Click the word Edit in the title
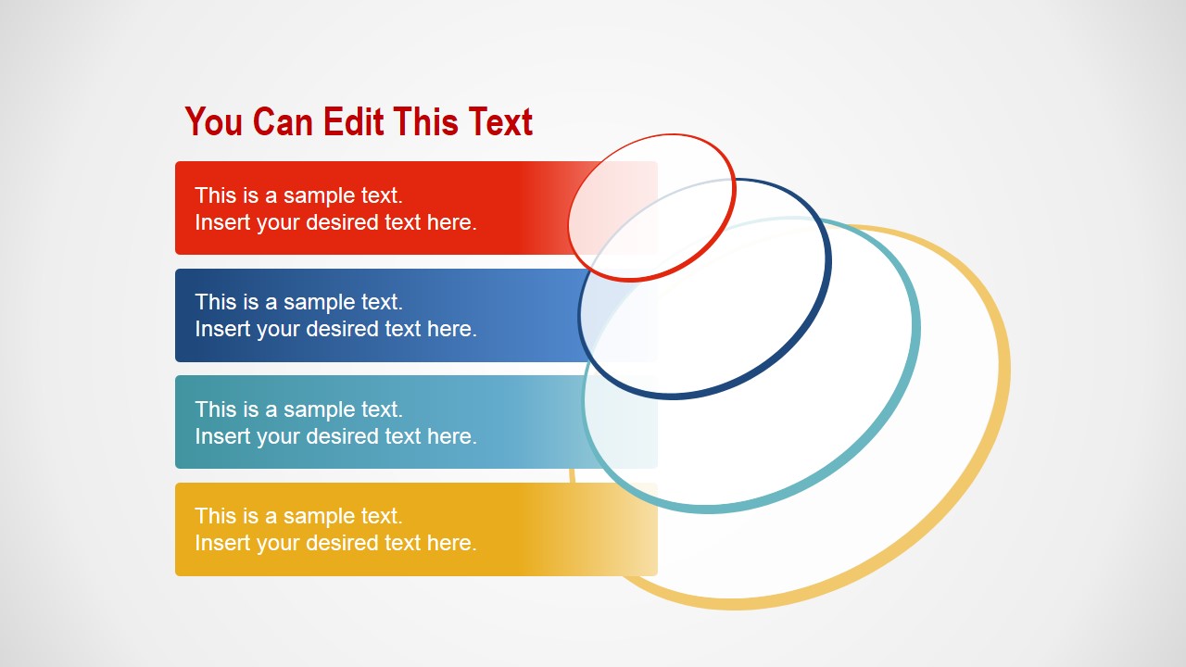(353, 121)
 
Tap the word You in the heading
(213, 121)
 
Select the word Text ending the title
(500, 121)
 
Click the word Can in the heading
(283, 121)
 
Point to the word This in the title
(425, 121)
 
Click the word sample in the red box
(320, 196)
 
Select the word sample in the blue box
(320, 303)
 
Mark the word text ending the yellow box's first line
(382, 516)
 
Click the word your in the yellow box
(279, 544)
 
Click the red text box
(416, 208)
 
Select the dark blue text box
(416, 316)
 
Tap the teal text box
(416, 422)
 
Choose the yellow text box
(416, 529)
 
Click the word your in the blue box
(279, 330)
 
